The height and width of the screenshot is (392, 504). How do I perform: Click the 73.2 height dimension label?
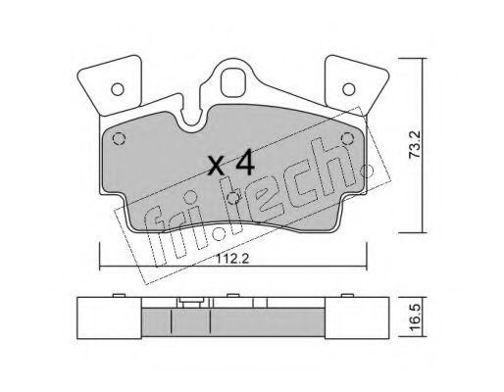tap(416, 145)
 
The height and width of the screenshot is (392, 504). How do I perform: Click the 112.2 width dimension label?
tap(232, 259)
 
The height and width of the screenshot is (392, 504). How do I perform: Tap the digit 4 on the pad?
tap(245, 162)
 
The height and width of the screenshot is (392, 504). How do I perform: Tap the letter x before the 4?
tap(217, 165)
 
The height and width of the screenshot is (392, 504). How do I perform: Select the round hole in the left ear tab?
tap(118, 89)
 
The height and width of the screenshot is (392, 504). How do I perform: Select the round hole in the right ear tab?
tap(349, 89)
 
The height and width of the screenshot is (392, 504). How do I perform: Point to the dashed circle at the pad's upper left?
tap(119, 139)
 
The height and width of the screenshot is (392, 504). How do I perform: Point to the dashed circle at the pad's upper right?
tap(347, 139)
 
